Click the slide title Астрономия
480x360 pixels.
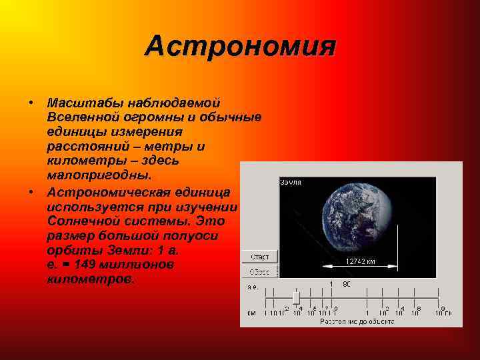[241, 46]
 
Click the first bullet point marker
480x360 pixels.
[31, 103]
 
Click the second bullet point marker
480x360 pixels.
[31, 191]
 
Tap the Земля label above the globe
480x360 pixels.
[291, 182]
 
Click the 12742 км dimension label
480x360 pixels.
[361, 261]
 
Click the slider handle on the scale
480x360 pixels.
[297, 297]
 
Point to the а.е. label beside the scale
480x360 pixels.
[253, 287]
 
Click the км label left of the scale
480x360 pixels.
[251, 312]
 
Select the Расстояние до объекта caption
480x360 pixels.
[357, 321]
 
